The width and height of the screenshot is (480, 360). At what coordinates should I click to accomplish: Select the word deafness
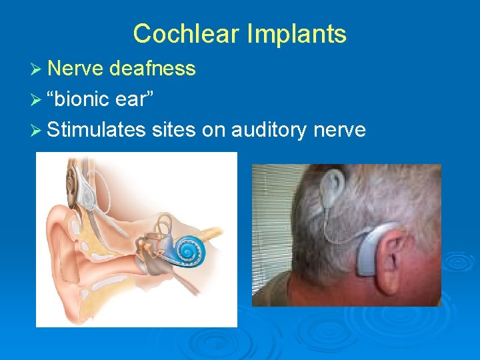pyautogui.click(x=153, y=68)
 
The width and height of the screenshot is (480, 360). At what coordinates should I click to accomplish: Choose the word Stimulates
pyautogui.click(x=97, y=129)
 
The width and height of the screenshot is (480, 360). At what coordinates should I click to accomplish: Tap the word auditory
pyautogui.click(x=272, y=129)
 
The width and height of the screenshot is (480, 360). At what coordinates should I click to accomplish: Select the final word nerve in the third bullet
pyautogui.click(x=342, y=129)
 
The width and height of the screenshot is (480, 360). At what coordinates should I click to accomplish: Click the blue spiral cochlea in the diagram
pyautogui.click(x=186, y=251)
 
